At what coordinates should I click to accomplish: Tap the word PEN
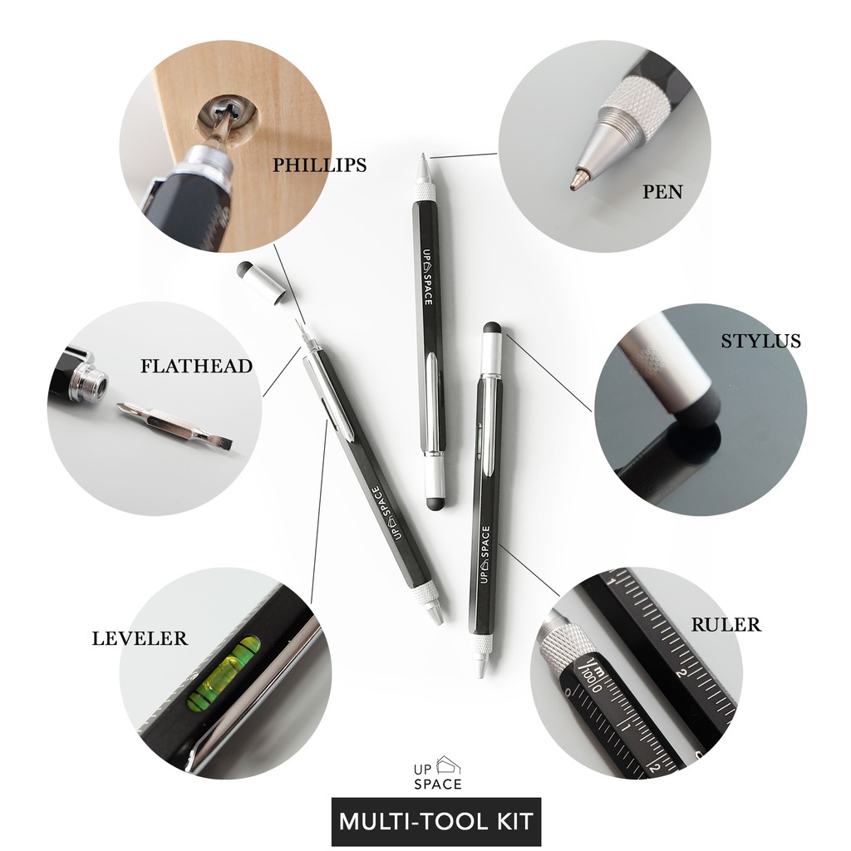tap(662, 192)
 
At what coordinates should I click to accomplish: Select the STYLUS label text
tap(760, 341)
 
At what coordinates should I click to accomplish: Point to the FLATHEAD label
tap(196, 366)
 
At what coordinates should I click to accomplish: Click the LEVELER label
tap(140, 638)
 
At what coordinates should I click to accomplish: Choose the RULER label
tap(726, 624)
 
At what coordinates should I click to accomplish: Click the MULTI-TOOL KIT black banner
tap(436, 822)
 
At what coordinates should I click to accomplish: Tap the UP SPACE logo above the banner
tap(438, 772)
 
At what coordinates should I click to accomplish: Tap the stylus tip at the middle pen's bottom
tap(435, 501)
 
